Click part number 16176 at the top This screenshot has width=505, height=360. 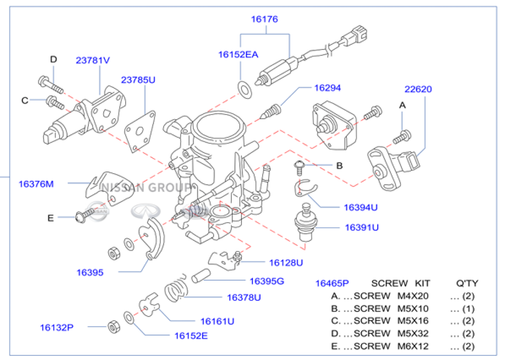point(265,19)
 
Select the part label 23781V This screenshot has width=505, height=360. point(93,60)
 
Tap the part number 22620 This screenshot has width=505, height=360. point(418,89)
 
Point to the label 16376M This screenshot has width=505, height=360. point(36,184)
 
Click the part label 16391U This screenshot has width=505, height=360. point(362,227)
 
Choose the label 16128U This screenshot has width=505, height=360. point(286,263)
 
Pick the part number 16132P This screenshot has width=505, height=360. point(57,327)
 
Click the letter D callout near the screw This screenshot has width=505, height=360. point(54,60)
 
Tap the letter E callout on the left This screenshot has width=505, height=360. point(50,218)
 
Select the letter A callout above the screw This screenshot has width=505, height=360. point(402,105)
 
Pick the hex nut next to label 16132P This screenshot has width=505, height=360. point(113,327)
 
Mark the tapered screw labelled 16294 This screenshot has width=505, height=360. point(271,111)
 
